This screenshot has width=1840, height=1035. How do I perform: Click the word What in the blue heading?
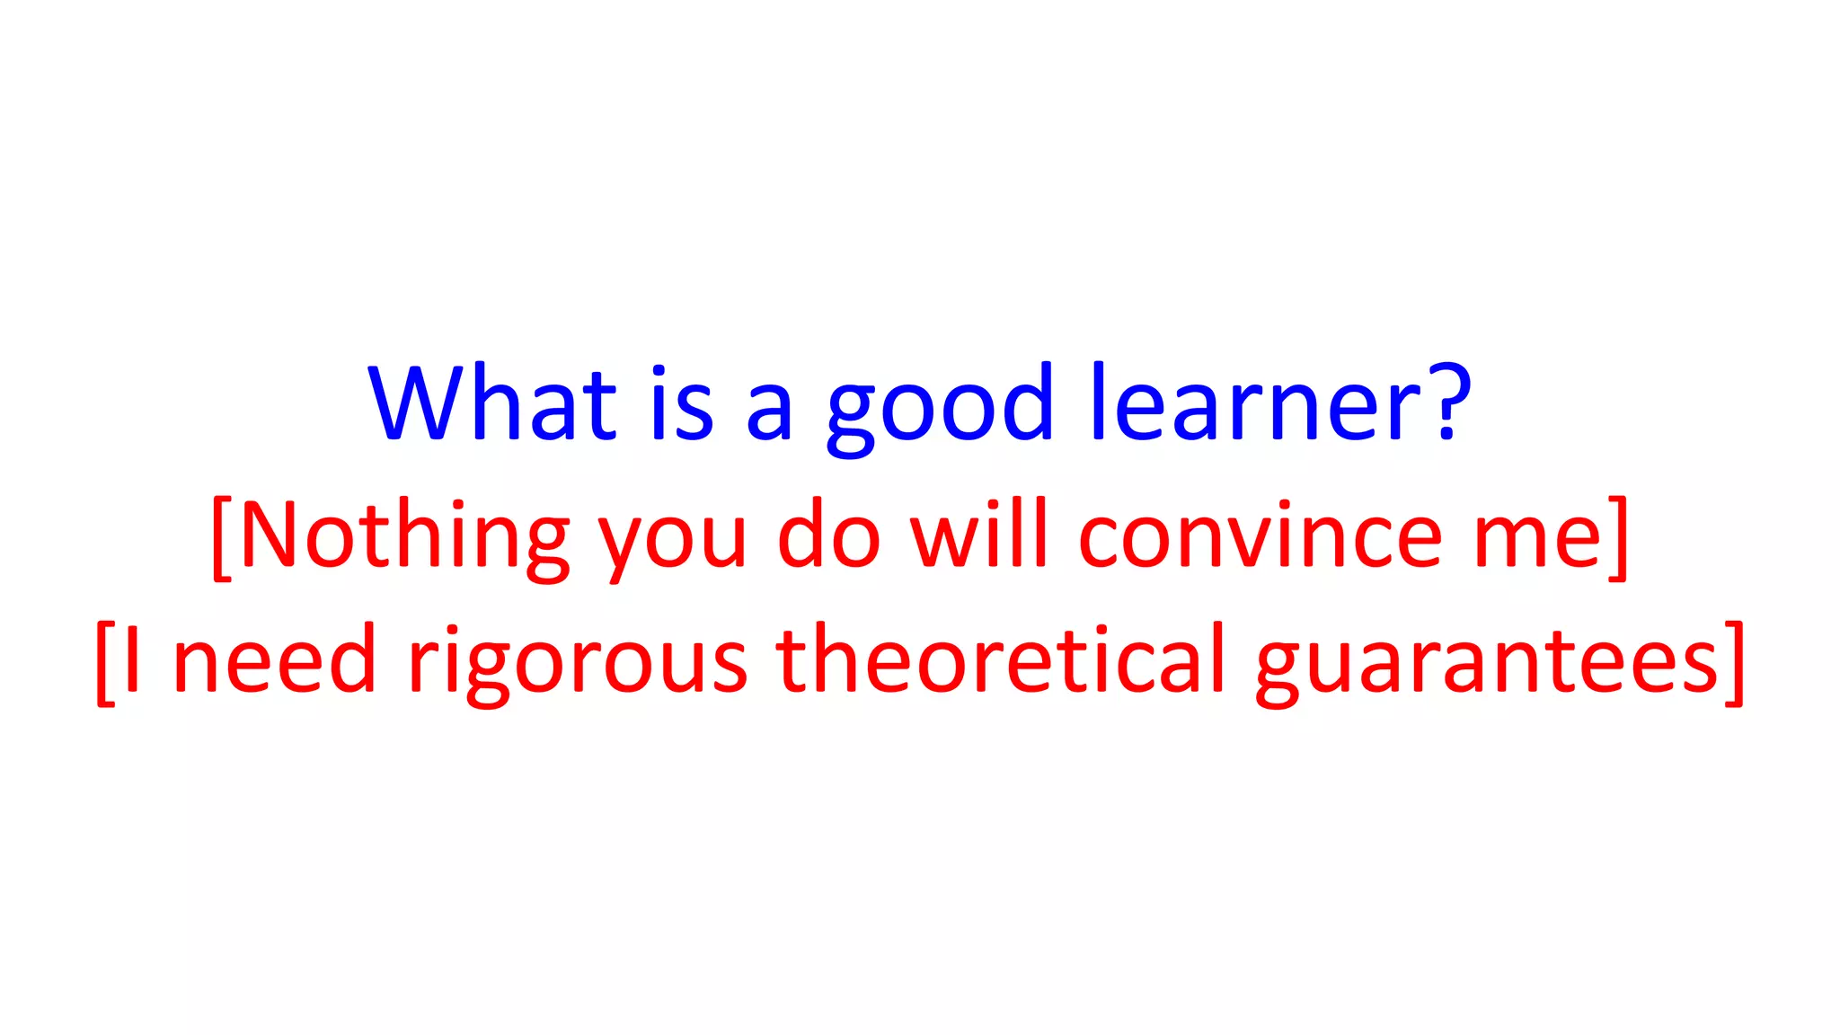(492, 404)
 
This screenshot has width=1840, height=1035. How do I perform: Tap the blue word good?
(939, 409)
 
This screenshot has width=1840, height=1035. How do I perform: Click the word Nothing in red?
(404, 537)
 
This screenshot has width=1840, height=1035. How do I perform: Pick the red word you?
(672, 544)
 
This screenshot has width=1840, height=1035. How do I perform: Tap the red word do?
(828, 537)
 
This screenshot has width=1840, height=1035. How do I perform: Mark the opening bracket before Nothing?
(222, 537)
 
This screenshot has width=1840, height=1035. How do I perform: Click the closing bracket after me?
(1617, 537)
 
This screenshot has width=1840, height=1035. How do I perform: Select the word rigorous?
(577, 665)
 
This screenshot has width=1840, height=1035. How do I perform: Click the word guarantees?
(1487, 665)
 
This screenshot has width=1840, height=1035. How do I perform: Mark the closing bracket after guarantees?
(1734, 662)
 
